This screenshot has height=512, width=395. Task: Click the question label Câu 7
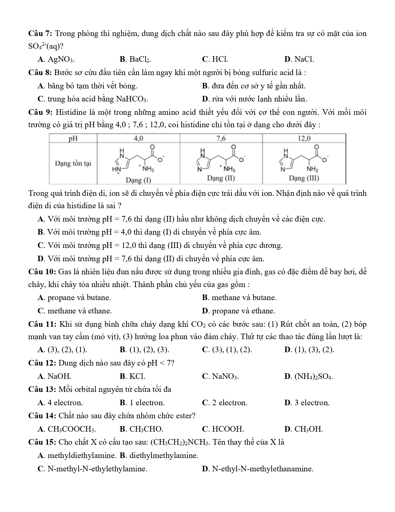tap(41, 33)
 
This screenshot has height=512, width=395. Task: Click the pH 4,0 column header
tap(138, 138)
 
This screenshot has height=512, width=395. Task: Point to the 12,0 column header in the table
tap(304, 138)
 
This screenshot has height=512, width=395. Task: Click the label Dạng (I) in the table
tap(138, 180)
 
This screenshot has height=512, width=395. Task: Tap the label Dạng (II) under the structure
tap(221, 178)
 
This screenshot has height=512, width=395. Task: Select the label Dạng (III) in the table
tap(304, 178)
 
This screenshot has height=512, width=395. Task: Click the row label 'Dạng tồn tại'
tap(73, 164)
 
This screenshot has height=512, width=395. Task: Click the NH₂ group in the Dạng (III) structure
tap(313, 169)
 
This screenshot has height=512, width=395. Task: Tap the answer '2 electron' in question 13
tap(225, 403)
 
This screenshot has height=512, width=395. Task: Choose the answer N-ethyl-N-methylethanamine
tap(258, 469)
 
